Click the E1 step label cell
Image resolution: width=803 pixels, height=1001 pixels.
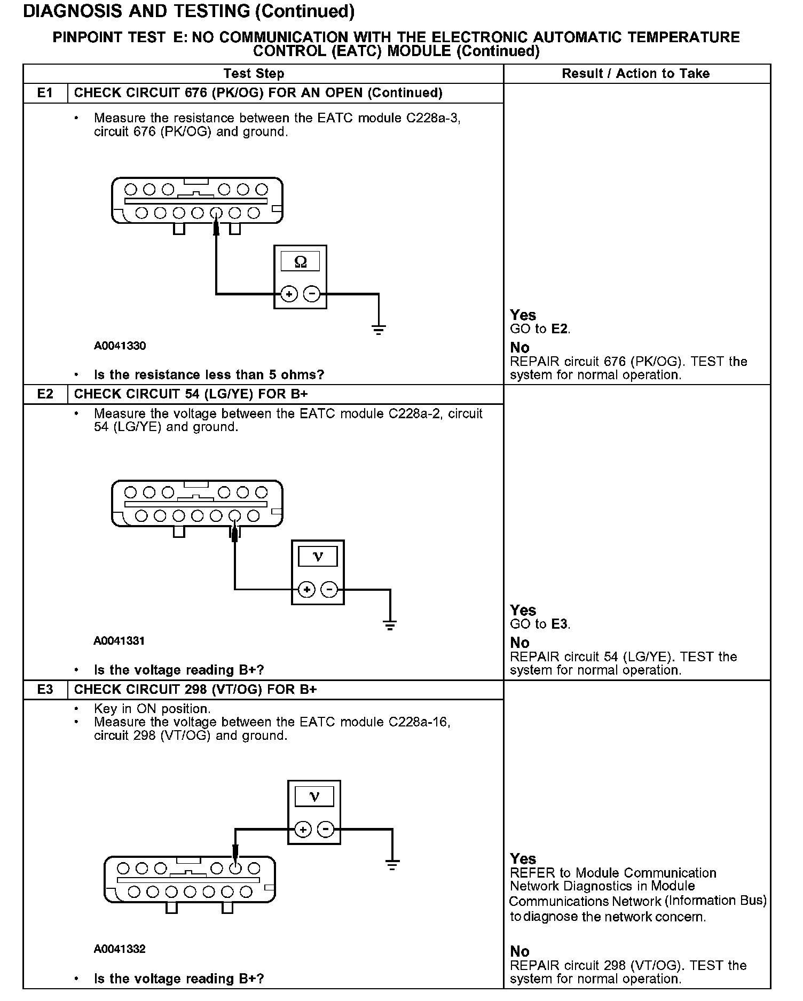click(x=45, y=93)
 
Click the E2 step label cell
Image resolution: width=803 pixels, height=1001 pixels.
click(x=45, y=394)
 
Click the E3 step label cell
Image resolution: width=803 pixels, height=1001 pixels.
click(x=45, y=690)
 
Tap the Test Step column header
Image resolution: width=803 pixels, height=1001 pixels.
click(x=254, y=74)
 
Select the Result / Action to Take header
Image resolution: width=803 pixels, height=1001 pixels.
click(x=635, y=74)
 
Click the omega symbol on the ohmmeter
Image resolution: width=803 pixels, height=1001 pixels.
click(x=301, y=262)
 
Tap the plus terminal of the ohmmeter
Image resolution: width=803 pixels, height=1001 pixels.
click(x=289, y=294)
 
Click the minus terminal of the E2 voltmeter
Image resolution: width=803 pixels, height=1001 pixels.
click(x=330, y=589)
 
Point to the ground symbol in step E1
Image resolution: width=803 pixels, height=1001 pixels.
click(x=379, y=329)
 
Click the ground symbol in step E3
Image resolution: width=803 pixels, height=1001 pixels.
click(x=392, y=865)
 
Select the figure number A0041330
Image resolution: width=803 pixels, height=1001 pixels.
click(x=120, y=346)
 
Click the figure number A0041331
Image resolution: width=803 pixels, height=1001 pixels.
click(x=119, y=640)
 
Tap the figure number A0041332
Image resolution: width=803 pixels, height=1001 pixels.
click(x=120, y=949)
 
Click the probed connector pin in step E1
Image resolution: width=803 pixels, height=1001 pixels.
click(x=216, y=213)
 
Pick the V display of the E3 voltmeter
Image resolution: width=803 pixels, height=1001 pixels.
click(x=314, y=797)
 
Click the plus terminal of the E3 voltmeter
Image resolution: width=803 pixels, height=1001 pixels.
click(x=303, y=830)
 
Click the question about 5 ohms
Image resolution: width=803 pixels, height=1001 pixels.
click(x=209, y=374)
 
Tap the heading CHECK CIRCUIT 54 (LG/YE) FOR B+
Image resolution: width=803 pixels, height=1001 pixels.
click(x=191, y=394)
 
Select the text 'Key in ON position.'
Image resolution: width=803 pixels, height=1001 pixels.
click(x=152, y=709)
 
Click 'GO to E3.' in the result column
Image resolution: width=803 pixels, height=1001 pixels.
click(x=540, y=624)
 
